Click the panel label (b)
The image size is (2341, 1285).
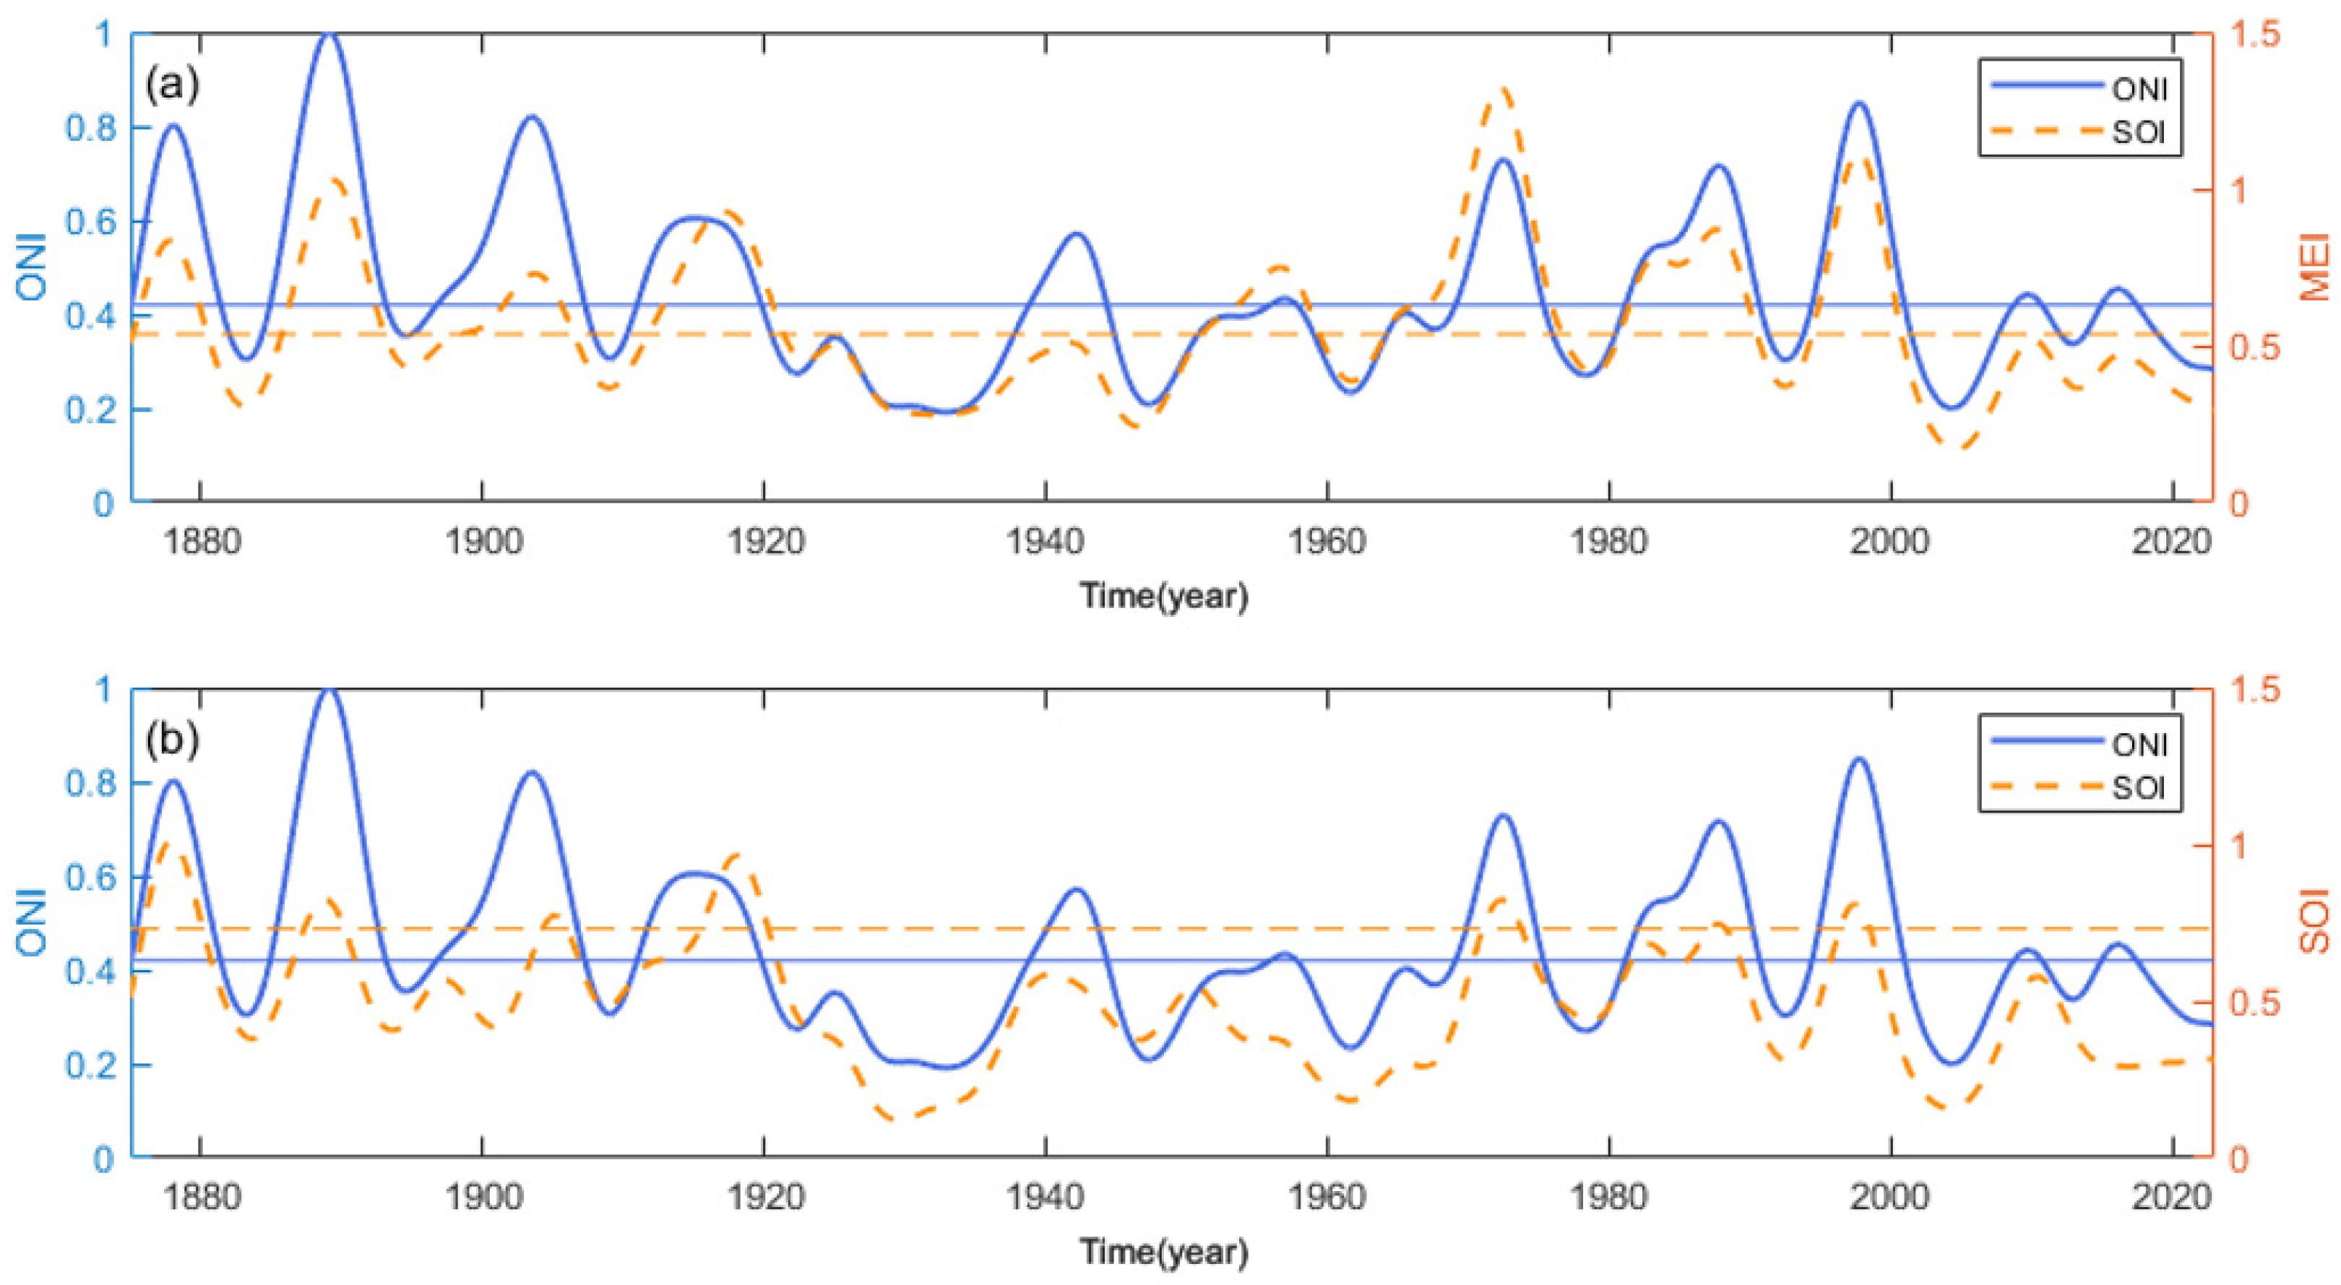coord(172,740)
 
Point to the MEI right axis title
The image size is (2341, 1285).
coord(2314,267)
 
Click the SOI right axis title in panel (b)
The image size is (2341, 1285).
coord(2314,922)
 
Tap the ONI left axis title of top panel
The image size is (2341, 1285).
coord(31,267)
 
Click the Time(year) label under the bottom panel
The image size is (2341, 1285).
coord(1164,1251)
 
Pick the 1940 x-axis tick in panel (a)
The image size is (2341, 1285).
coord(1045,542)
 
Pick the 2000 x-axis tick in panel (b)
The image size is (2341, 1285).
coord(1890,1197)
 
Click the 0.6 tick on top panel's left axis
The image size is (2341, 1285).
coord(91,222)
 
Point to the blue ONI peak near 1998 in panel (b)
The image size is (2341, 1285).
coord(1858,759)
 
